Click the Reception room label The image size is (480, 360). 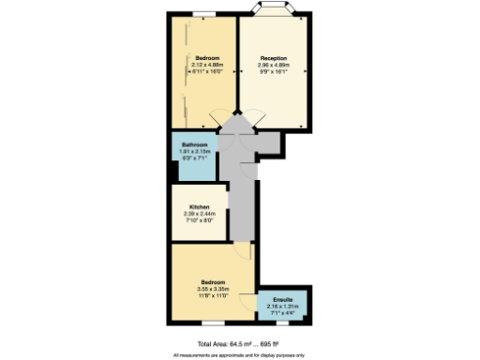pyautogui.click(x=273, y=57)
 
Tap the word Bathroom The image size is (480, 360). pyautogui.click(x=195, y=144)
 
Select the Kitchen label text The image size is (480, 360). pyautogui.click(x=199, y=206)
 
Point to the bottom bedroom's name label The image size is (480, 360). pyautogui.click(x=212, y=281)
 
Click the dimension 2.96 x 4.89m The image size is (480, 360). pyautogui.click(x=273, y=64)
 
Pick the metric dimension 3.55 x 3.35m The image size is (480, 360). pyautogui.click(x=212, y=289)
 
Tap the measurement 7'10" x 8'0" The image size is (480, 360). pyautogui.click(x=199, y=220)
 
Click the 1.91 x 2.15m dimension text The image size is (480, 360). pyautogui.click(x=195, y=151)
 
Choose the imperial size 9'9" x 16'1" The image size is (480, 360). pyautogui.click(x=273, y=70)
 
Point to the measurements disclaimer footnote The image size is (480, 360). pyautogui.click(x=240, y=355)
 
